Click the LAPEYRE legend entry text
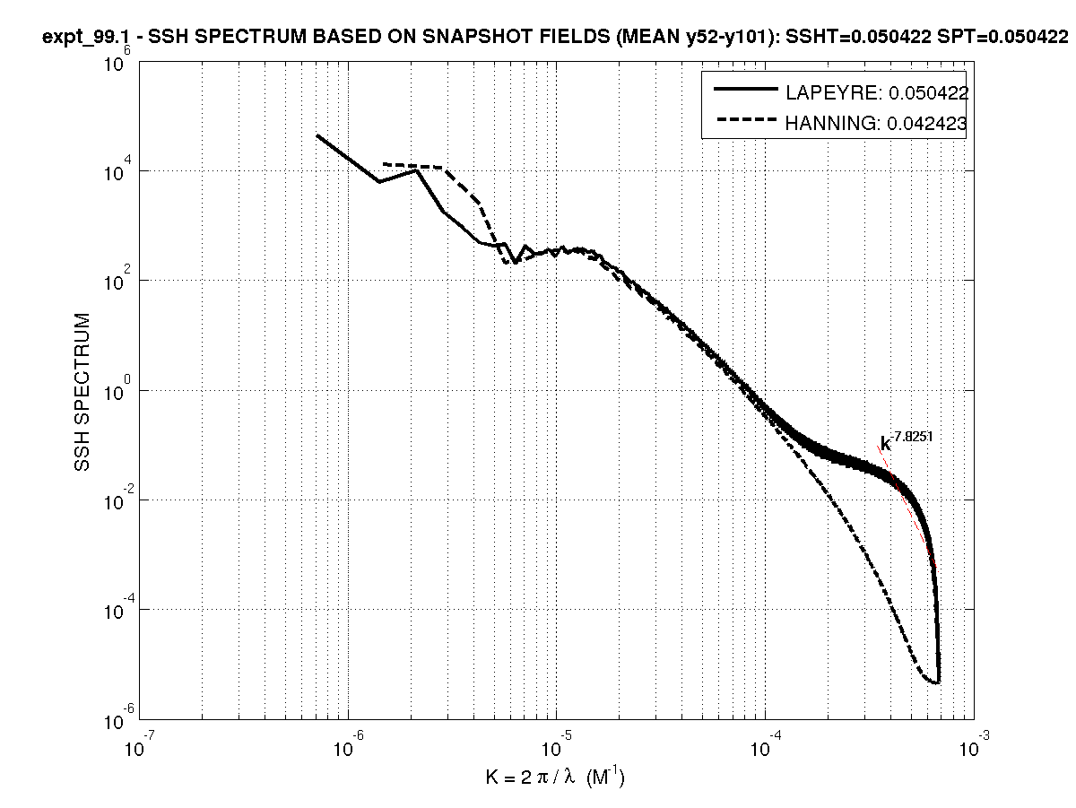point(876,92)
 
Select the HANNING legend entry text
point(876,125)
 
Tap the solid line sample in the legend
point(743,91)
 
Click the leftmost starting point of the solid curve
point(317,135)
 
